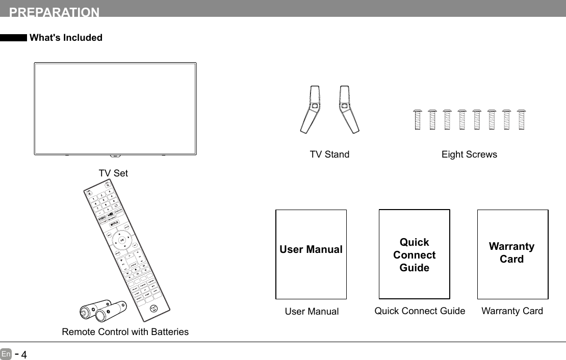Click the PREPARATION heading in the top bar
pos(55,12)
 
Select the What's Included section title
pos(66,38)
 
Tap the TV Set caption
pos(113,173)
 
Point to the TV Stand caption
pos(329,155)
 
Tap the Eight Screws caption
pos(469,155)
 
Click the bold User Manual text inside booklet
pos(311,249)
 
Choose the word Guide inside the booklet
pos(415,268)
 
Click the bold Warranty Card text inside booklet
pos(511,253)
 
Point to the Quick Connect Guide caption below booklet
pos(420,311)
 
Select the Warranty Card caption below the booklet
pos(512,311)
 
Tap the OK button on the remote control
pos(121,240)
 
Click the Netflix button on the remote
pos(115,222)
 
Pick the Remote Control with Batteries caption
pos(125,332)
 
